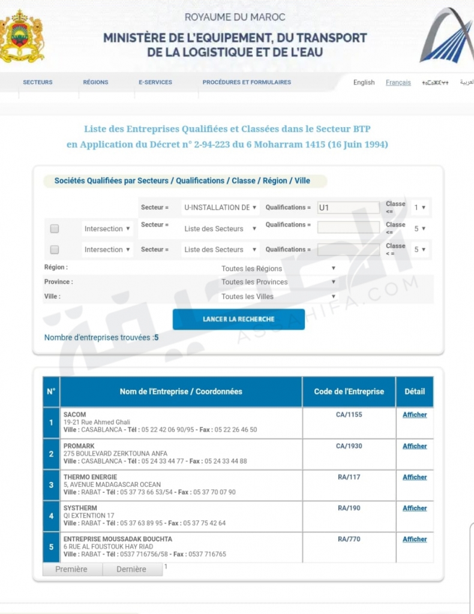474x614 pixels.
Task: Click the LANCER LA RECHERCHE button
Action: coord(238,319)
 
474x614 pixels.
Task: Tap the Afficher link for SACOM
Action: coord(415,415)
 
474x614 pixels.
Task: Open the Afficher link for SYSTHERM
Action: coord(415,508)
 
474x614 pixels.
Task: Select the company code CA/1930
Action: coord(349,446)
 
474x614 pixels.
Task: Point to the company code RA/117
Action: coord(349,477)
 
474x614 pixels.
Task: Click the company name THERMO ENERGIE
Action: coord(91,477)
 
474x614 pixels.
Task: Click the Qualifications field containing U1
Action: coord(348,208)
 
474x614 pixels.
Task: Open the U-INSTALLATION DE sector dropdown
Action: coord(220,208)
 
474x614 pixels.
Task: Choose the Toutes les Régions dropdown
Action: coord(278,269)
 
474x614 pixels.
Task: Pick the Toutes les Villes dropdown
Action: coord(278,296)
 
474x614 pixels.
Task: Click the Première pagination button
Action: coord(71,569)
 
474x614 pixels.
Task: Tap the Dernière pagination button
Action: coord(131,569)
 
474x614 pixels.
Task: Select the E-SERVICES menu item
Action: coord(155,82)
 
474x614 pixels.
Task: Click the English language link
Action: coord(364,83)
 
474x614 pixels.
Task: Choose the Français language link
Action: coord(398,83)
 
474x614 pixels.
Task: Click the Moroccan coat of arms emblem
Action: coord(22,37)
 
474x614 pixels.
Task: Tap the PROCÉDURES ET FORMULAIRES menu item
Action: coord(247,82)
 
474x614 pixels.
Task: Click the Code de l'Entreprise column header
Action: coord(349,392)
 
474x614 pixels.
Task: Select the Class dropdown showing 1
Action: coord(420,208)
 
